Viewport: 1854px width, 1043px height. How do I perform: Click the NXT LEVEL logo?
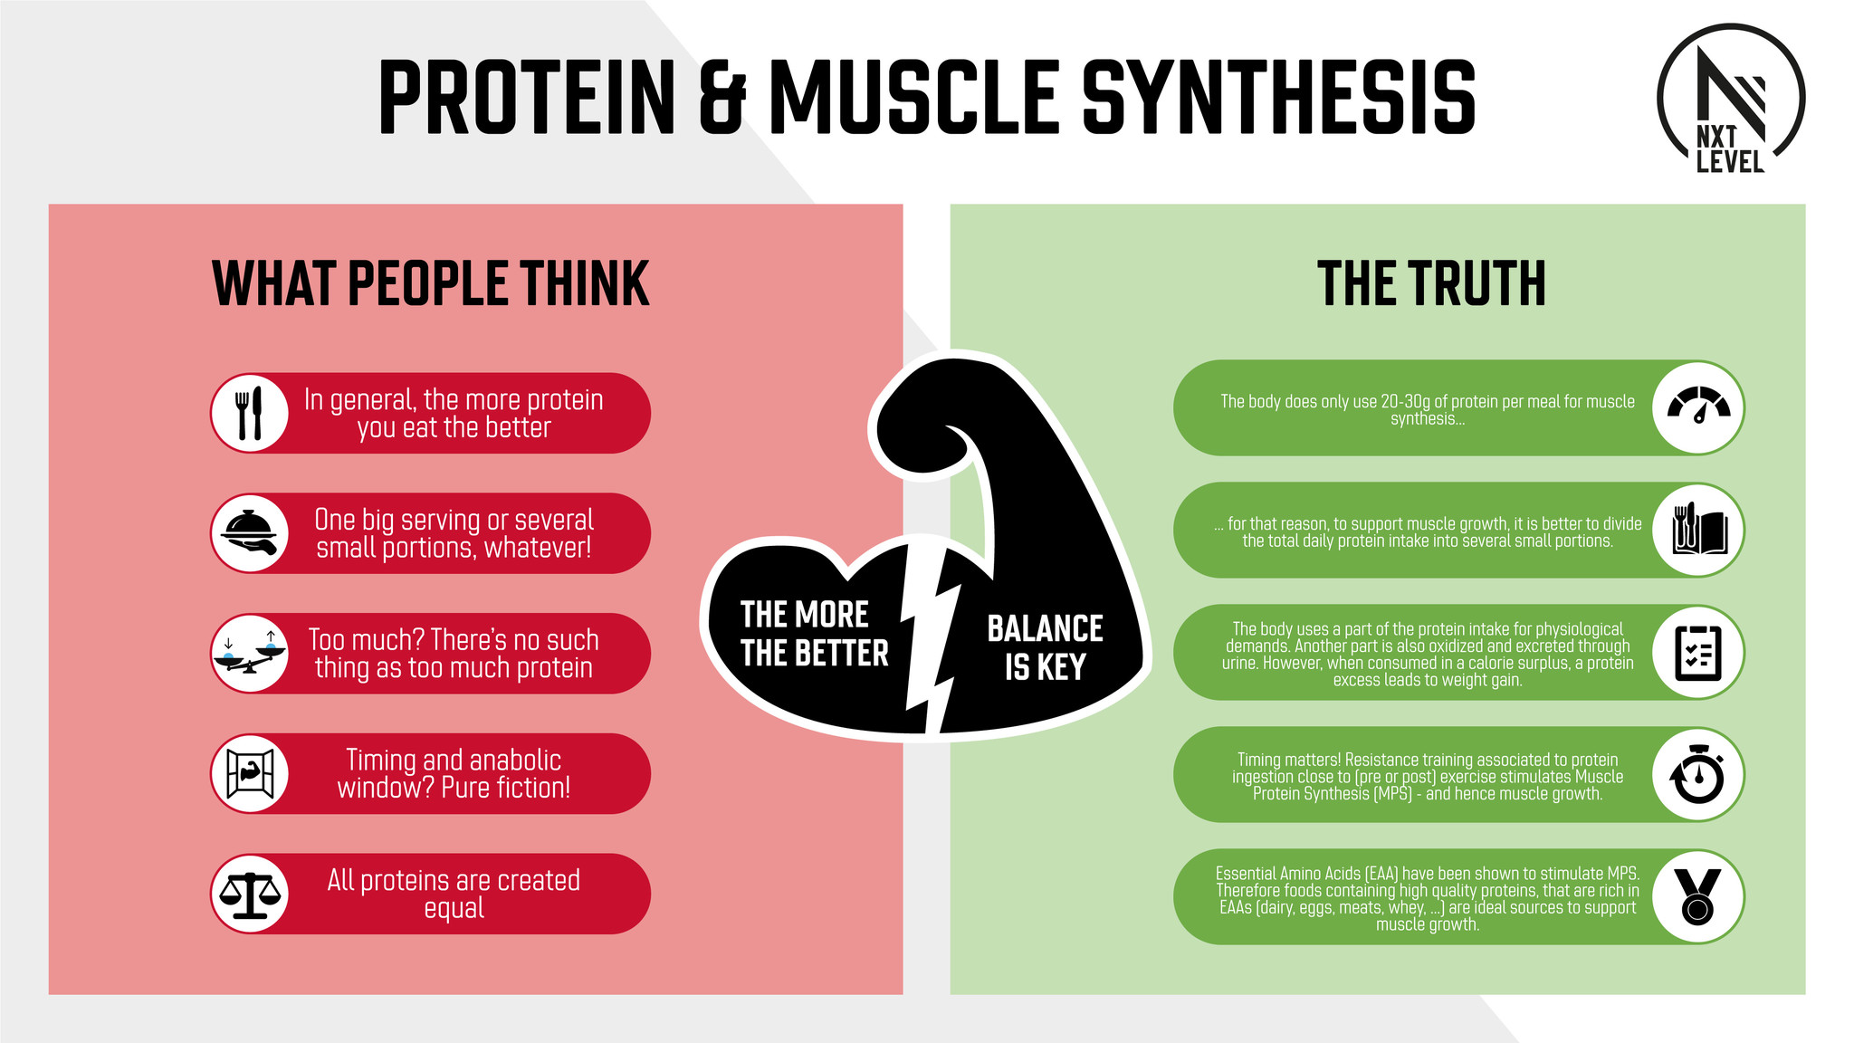click(1730, 99)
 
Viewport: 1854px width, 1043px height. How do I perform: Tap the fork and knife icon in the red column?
click(249, 413)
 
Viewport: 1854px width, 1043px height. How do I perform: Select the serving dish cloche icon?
click(250, 533)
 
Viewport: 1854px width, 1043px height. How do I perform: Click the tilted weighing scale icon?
click(249, 653)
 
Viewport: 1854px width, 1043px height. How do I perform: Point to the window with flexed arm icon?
click(250, 774)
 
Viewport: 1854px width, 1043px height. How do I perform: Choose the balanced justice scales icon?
click(250, 894)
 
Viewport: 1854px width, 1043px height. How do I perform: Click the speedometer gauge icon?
click(1698, 407)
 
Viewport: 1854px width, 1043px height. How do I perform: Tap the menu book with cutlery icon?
click(1698, 530)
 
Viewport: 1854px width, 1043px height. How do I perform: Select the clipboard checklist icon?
click(1698, 652)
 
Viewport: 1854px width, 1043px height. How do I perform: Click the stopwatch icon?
click(1698, 774)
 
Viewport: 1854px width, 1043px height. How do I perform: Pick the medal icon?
click(1698, 896)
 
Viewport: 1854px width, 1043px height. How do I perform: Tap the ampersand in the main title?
click(722, 98)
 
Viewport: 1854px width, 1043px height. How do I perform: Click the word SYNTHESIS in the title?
click(1279, 98)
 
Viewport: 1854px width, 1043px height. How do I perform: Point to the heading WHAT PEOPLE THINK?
click(431, 283)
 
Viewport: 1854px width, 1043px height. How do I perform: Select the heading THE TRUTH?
click(1431, 283)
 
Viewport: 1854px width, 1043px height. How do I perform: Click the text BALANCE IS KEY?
click(1045, 647)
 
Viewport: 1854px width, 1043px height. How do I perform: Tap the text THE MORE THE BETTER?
click(815, 634)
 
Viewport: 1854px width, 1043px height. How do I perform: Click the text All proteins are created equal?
click(454, 894)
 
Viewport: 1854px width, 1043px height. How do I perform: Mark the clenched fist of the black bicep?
click(923, 421)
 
